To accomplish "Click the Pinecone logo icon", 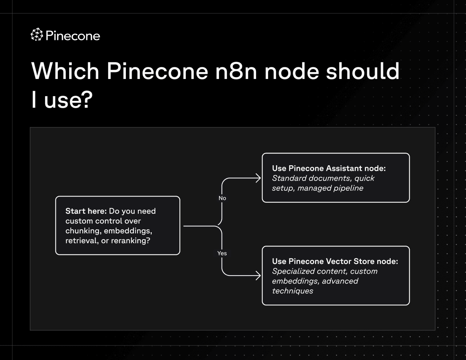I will (x=36, y=35).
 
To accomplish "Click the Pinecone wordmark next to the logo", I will (x=73, y=36).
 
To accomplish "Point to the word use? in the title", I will (x=68, y=99).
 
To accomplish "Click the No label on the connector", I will (x=222, y=198).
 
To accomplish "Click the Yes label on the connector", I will (x=222, y=253).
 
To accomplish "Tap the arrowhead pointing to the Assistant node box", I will (x=258, y=178).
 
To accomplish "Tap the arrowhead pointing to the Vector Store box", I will (x=258, y=276).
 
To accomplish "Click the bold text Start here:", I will (x=86, y=211).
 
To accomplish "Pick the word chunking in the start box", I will (x=83, y=231).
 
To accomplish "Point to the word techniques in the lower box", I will (x=292, y=291).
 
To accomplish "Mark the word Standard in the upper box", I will (x=289, y=178).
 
